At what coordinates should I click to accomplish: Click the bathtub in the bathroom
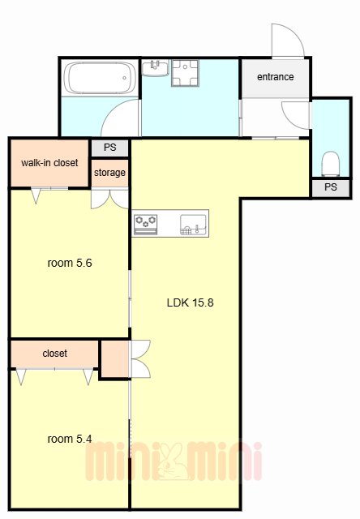click(100, 78)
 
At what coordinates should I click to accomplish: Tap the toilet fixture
click(331, 164)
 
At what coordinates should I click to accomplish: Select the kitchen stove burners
click(146, 224)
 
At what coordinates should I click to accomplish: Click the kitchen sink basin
click(193, 225)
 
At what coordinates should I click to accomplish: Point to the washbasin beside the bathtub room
click(155, 68)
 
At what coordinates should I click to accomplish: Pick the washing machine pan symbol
click(186, 73)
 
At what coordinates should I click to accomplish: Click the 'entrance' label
click(276, 77)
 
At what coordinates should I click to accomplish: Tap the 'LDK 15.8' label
click(191, 302)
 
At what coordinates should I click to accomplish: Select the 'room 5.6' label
click(70, 263)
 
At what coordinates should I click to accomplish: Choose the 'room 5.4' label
click(70, 439)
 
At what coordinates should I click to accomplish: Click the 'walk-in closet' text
click(49, 163)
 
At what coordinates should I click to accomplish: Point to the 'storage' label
click(109, 173)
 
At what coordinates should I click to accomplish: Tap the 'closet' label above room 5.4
click(55, 354)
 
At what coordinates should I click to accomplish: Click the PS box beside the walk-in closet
click(109, 148)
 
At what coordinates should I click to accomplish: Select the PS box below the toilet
click(331, 187)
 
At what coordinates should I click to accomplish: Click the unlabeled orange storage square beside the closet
click(115, 358)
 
